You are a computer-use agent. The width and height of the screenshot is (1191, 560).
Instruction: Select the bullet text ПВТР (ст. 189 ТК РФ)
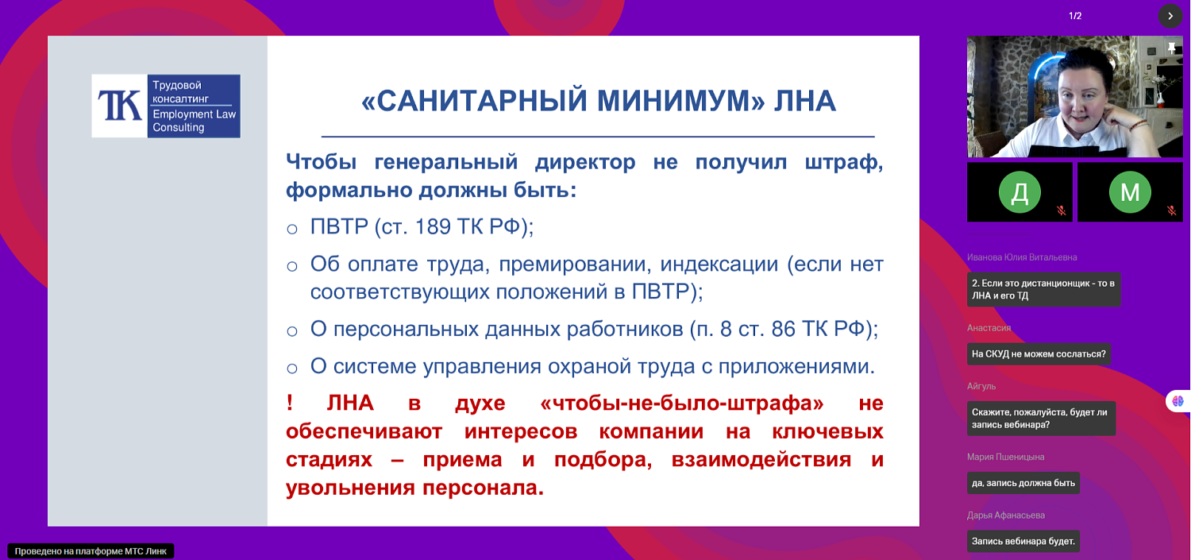[422, 226]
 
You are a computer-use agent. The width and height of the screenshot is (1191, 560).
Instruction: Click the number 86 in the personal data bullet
[783, 329]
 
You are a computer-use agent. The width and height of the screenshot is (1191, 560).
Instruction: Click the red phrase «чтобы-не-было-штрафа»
[681, 403]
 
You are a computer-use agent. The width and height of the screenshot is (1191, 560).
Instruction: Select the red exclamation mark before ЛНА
[290, 403]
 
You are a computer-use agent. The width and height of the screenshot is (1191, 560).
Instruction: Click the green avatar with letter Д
[1019, 192]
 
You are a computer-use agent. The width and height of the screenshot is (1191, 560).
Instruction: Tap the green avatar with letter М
[1129, 192]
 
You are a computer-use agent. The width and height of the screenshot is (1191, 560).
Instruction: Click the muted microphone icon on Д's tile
[1061, 210]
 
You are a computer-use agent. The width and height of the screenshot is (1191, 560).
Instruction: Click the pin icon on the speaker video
[1171, 48]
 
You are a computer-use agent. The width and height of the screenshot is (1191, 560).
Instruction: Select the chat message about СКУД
[1039, 354]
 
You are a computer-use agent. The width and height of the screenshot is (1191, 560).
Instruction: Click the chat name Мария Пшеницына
[1005, 457]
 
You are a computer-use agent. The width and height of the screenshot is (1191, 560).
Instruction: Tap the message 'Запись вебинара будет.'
[1023, 542]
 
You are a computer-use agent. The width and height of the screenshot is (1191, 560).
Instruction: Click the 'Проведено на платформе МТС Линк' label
[91, 550]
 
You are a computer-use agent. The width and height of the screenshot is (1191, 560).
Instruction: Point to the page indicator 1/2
[1075, 16]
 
